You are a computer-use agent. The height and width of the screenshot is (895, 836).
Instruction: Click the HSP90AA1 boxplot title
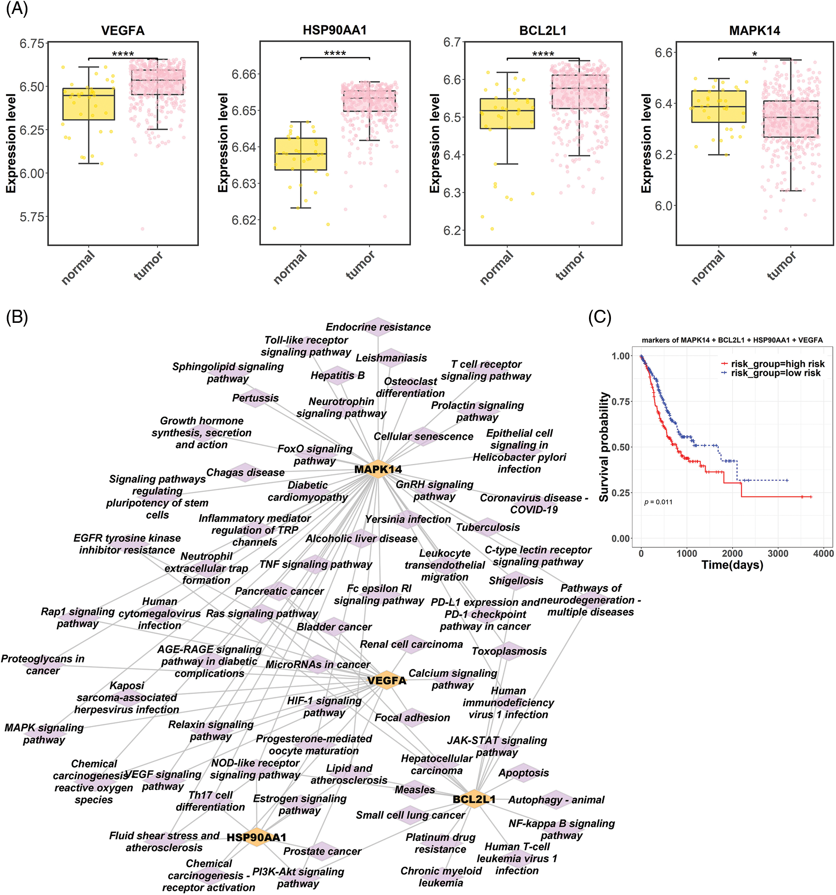334,30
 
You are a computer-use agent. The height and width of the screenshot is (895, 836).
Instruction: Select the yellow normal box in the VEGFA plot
89,104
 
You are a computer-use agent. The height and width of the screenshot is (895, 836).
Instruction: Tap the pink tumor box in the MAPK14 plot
790,119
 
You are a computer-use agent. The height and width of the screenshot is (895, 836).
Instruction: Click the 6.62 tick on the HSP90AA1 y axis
244,220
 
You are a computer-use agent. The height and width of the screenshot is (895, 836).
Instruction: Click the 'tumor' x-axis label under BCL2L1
570,266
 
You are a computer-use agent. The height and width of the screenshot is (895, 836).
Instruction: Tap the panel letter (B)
17,317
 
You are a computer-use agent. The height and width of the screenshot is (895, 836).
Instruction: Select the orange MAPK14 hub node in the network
378,469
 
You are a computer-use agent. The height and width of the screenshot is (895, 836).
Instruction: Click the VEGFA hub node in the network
386,680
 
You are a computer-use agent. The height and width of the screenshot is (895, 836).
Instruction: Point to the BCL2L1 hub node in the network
474,799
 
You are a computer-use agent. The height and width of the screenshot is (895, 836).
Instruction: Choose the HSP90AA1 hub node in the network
256,838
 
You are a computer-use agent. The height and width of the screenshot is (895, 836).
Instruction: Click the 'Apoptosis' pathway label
523,773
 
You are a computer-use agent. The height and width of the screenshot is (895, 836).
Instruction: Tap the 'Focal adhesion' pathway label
412,718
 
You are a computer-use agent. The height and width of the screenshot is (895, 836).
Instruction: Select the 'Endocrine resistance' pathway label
378,327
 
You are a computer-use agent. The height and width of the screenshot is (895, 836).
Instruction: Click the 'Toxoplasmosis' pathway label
509,651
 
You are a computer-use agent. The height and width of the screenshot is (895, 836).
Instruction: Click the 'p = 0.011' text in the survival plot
658,502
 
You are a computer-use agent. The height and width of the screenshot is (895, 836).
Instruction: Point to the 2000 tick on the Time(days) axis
732,553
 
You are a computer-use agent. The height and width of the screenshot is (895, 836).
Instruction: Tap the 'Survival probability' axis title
604,447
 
